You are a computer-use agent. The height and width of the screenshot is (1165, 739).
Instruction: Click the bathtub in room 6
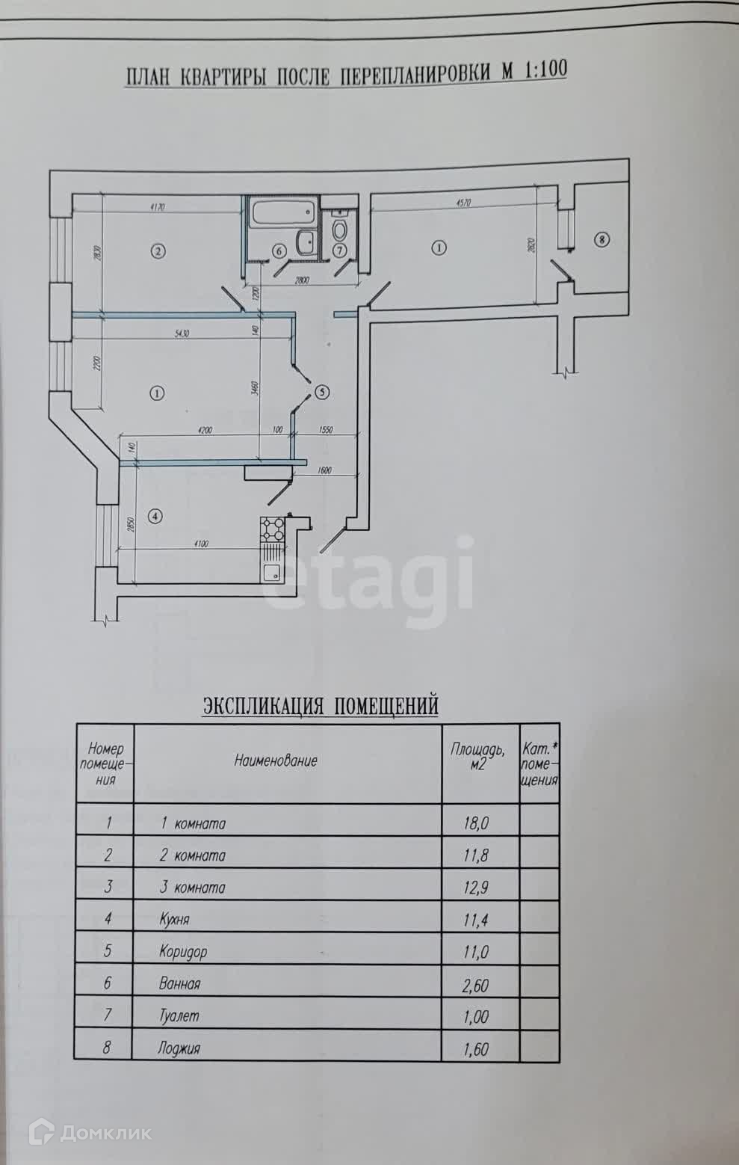282,215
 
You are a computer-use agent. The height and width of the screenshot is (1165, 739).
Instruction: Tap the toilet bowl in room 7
340,227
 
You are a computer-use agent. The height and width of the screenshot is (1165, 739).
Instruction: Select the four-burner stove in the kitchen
272,529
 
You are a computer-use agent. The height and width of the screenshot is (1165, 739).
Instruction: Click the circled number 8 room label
602,240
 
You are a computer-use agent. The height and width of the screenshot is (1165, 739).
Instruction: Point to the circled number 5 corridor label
322,391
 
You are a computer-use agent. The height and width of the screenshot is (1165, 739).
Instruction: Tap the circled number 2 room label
157,251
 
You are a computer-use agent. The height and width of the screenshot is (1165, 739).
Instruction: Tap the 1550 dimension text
326,430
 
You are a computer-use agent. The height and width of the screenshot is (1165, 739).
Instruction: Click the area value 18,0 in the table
476,823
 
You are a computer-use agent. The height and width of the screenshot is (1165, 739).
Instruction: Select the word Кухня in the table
174,919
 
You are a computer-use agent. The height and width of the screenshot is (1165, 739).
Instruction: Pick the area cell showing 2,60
476,985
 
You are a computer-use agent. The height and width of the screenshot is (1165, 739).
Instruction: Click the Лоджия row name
179,1048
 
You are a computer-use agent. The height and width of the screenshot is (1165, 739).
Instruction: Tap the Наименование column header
276,761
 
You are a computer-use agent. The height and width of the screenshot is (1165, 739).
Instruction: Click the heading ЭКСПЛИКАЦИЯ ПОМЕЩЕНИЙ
320,705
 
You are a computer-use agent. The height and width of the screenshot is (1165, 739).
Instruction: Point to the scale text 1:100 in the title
544,70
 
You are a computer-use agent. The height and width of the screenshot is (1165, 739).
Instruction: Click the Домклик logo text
105,1133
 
